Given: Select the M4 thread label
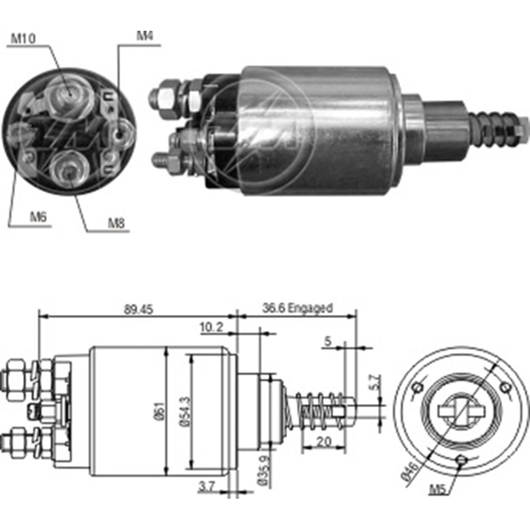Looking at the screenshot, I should pyautogui.click(x=145, y=37).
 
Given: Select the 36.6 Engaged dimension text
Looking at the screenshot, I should pyautogui.click(x=297, y=308).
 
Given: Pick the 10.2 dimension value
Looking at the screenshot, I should pyautogui.click(x=210, y=328).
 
